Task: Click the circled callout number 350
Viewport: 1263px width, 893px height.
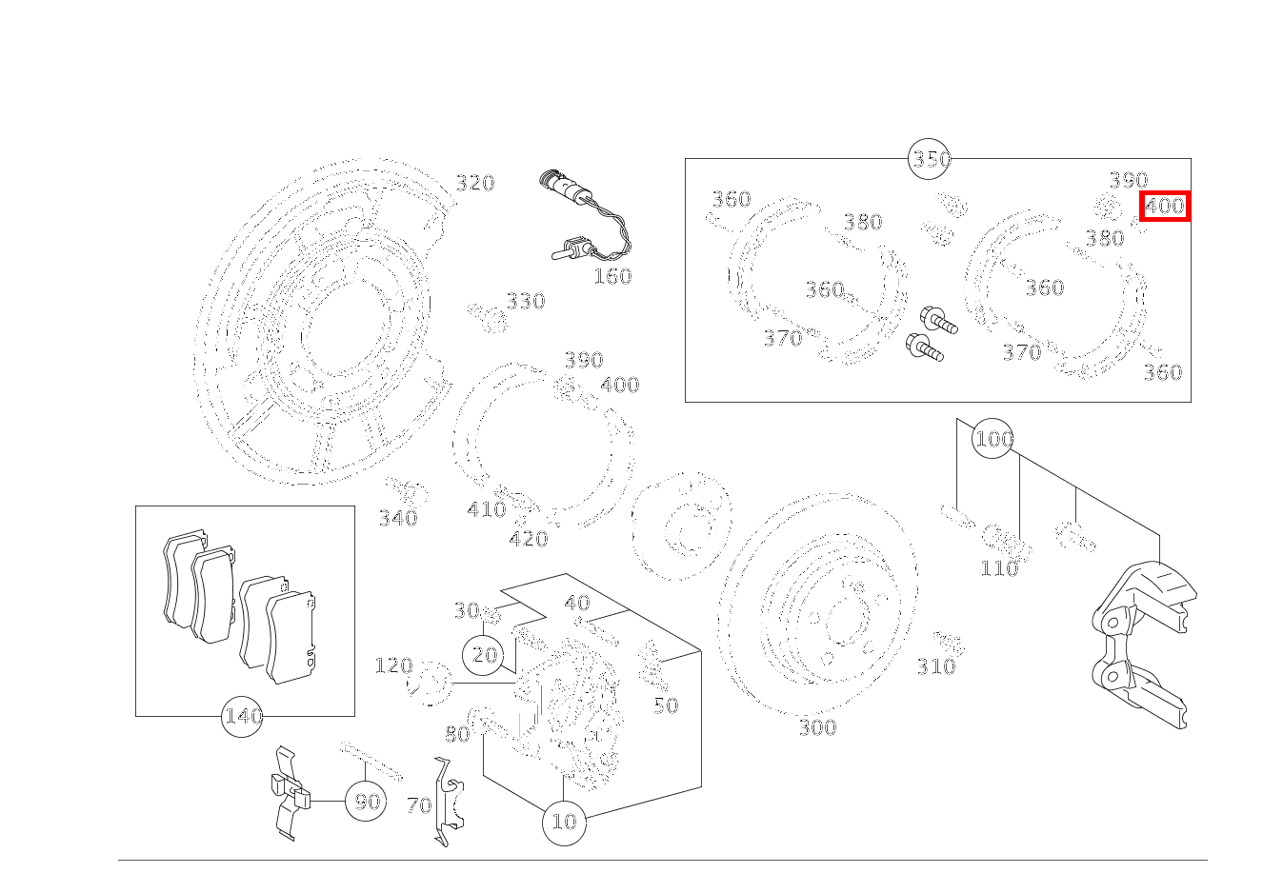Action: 931,159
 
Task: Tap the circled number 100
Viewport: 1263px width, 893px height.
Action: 992,439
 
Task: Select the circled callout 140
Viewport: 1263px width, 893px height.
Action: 242,716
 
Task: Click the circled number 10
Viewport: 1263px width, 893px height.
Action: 564,822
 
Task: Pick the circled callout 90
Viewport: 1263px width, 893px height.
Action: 367,802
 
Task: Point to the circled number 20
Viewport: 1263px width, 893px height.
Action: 485,655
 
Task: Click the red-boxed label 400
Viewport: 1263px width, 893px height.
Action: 1164,206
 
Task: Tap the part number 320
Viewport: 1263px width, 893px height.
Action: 474,183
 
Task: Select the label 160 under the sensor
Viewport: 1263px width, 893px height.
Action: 612,277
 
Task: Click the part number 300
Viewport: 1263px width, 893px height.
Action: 817,728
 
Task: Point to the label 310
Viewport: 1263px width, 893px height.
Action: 935,667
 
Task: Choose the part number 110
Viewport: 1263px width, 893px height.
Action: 999,568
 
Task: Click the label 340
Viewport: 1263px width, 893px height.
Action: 398,519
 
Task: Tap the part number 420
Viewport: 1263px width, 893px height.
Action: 528,540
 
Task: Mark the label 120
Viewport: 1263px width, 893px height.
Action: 393,665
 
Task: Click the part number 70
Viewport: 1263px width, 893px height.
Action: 419,806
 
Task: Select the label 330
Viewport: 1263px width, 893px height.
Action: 525,302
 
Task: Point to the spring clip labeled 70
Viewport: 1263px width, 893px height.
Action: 447,800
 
